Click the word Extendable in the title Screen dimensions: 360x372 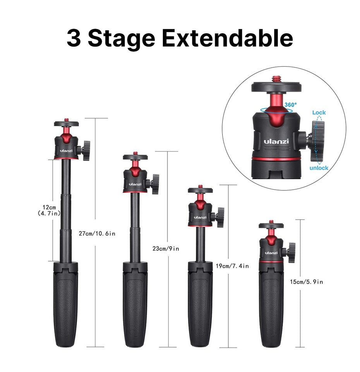tap(228, 38)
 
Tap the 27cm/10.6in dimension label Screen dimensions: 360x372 tap(97, 233)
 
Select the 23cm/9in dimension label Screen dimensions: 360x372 tap(166, 249)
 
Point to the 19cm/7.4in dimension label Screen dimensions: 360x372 tap(232, 266)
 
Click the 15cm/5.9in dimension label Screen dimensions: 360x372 tap(306, 281)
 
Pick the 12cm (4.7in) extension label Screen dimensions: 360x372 tap(49, 211)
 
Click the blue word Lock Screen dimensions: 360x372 tap(319, 113)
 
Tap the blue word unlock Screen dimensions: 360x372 tap(319, 168)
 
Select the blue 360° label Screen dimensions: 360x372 tap(290, 105)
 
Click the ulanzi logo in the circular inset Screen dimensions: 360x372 tap(276, 141)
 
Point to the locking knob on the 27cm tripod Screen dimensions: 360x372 tap(86, 151)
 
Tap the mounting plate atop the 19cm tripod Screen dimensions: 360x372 tap(200, 190)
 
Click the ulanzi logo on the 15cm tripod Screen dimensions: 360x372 tap(271, 253)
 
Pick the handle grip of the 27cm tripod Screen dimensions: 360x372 tap(65, 305)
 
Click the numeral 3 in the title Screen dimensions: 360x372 tap(74, 38)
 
